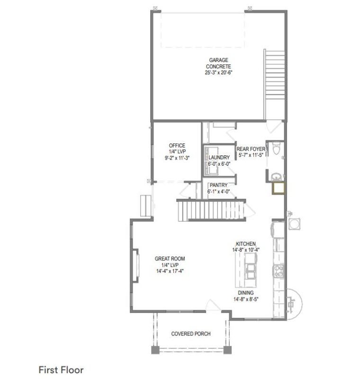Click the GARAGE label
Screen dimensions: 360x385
pos(218,60)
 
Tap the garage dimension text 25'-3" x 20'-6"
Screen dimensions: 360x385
pos(218,72)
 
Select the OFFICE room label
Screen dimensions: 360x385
pos(177,145)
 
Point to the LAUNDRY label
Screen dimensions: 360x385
pos(219,157)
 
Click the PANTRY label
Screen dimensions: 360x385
pos(218,185)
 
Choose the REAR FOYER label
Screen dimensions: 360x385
pos(251,149)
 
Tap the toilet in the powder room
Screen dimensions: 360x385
pos(276,148)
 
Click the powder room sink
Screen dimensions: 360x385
pos(277,177)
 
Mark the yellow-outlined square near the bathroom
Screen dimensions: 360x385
pos(278,188)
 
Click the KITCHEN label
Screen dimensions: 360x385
pos(245,244)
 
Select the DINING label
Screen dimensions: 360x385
pos(245,293)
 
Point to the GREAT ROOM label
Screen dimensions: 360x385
pos(170,259)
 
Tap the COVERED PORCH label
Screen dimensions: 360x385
pos(191,334)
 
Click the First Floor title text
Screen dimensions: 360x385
pos(61,370)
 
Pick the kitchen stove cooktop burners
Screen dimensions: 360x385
pos(279,271)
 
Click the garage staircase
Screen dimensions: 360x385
pos(275,84)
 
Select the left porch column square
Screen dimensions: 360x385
pos(155,349)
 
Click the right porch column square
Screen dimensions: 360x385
pos(227,349)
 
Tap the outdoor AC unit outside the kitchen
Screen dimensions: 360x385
pos(294,224)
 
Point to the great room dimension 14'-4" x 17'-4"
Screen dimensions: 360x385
pos(170,271)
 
